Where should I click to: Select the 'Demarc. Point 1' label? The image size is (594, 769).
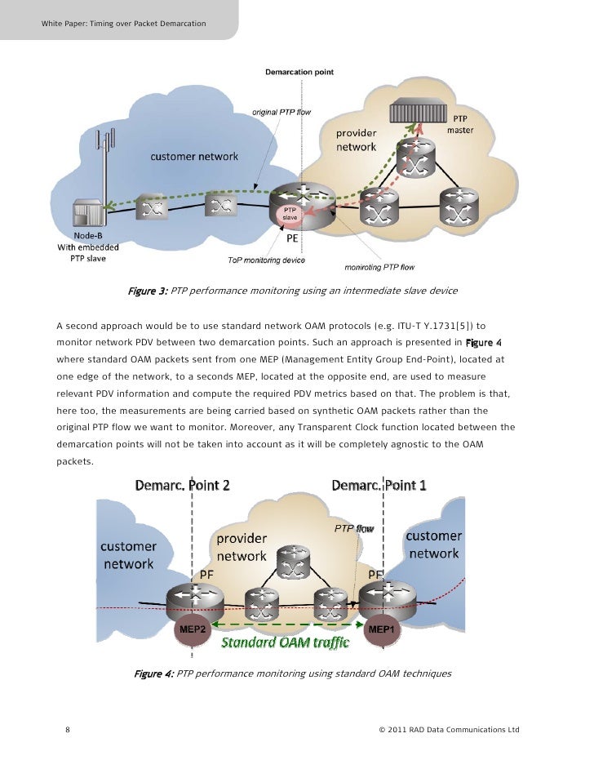pos(379,485)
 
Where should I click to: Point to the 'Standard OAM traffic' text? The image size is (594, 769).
pos(286,642)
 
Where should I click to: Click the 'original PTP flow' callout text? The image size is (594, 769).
pos(280,111)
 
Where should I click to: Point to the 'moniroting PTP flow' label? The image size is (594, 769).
pos(380,267)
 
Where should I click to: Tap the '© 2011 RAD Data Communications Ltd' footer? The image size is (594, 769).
pos(449,730)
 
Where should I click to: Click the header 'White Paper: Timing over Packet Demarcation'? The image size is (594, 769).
pos(123,22)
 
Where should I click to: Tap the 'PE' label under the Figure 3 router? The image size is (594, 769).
pos(291,240)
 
